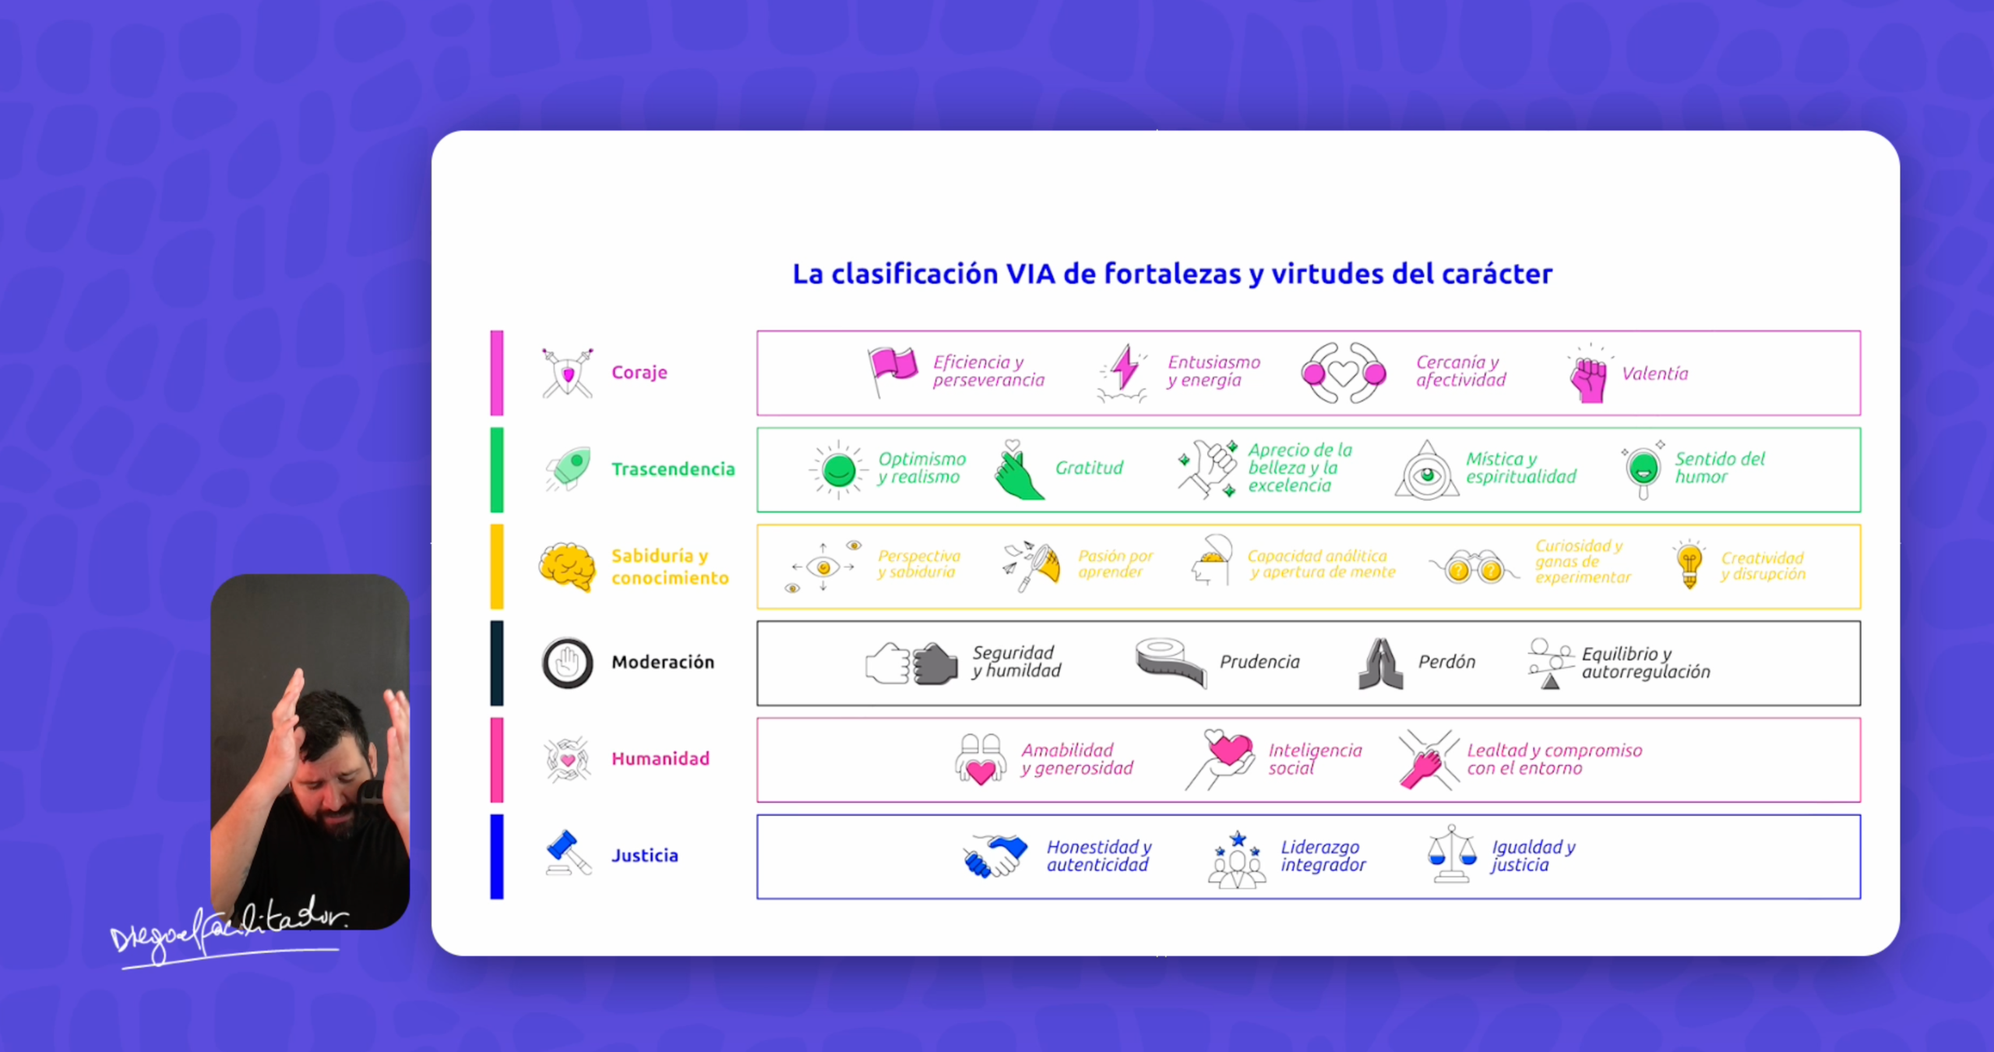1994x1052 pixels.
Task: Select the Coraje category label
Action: tap(639, 372)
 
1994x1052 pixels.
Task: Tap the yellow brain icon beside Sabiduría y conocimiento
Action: tap(567, 567)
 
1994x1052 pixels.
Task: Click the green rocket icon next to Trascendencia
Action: tap(569, 468)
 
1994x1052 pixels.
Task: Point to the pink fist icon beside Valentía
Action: tap(1589, 379)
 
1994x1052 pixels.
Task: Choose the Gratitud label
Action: tap(1089, 468)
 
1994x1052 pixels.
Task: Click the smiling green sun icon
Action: tap(838, 470)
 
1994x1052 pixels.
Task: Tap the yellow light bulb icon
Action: tap(1689, 563)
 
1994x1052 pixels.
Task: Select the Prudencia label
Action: tap(1259, 662)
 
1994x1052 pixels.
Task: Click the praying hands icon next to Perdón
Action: tap(1381, 664)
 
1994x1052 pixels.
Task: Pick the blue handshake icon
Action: tap(995, 856)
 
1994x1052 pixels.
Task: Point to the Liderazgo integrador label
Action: tap(1323, 856)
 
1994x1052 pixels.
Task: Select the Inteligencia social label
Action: tap(1315, 759)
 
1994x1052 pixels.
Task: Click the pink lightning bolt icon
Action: tap(1124, 368)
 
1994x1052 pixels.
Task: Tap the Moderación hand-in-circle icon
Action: tap(567, 663)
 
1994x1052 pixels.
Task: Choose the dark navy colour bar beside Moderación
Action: tap(497, 663)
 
